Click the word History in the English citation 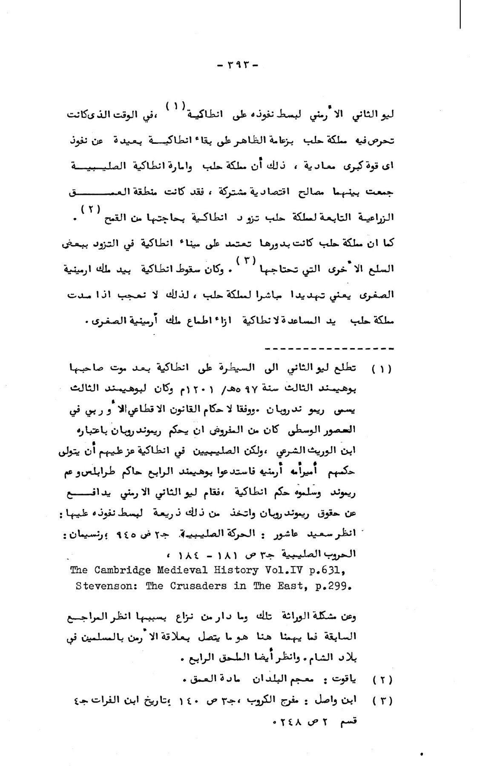pos(234,570)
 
